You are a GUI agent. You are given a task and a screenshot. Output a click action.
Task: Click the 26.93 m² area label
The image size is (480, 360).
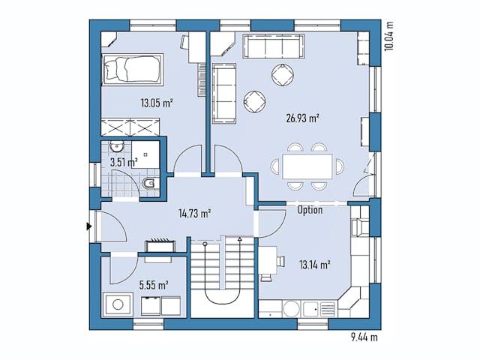tap(302, 118)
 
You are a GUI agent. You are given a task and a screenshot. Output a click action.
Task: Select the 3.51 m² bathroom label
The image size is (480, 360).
tap(124, 161)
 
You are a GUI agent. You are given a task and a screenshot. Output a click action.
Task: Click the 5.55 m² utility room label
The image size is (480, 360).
tap(153, 284)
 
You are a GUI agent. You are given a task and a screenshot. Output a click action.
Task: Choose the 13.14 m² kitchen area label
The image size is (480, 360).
tap(315, 264)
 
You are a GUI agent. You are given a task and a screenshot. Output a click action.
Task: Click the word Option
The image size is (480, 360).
tap(310, 210)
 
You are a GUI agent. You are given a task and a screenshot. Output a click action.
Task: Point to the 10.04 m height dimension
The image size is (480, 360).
tap(388, 34)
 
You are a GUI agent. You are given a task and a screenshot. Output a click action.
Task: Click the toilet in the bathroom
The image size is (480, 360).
tap(150, 183)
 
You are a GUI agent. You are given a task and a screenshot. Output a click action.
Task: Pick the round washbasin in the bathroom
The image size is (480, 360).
tap(117, 147)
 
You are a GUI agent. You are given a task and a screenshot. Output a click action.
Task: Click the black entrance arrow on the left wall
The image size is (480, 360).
tap(89, 225)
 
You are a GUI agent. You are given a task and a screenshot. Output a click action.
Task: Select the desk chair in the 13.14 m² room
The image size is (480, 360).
tap(278, 261)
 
